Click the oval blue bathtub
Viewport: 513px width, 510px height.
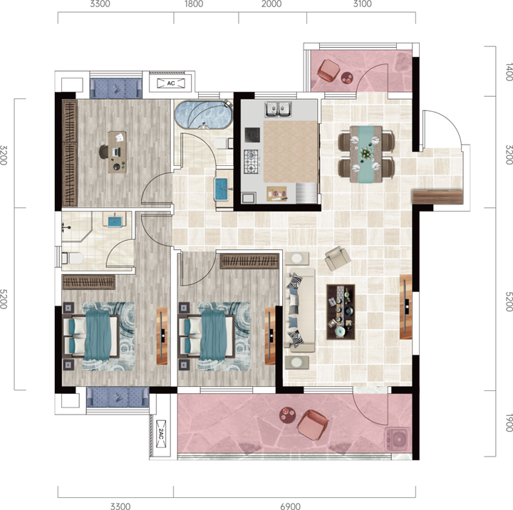coord(203,115)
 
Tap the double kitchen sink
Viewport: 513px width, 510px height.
coord(278,109)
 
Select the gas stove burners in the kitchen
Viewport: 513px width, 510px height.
coord(252,162)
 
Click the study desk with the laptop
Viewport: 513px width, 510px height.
coord(117,152)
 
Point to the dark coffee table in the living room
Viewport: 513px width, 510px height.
coord(341,312)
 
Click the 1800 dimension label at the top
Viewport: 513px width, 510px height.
coord(194,4)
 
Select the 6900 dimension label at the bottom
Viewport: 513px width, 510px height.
coord(291,506)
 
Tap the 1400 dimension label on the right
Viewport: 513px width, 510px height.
coord(509,72)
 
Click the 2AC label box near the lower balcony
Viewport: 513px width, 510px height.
coord(161,434)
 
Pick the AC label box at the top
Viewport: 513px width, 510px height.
coord(171,83)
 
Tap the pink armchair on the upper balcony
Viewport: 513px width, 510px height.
coord(329,70)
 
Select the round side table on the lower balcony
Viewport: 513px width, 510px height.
coord(288,415)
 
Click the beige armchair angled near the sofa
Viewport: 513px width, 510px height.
coord(338,258)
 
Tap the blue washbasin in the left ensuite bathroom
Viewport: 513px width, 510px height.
coord(115,220)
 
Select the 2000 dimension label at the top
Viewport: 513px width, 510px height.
coord(271,4)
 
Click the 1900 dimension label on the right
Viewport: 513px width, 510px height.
coord(509,422)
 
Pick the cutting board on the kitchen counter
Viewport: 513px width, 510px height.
coord(276,194)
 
